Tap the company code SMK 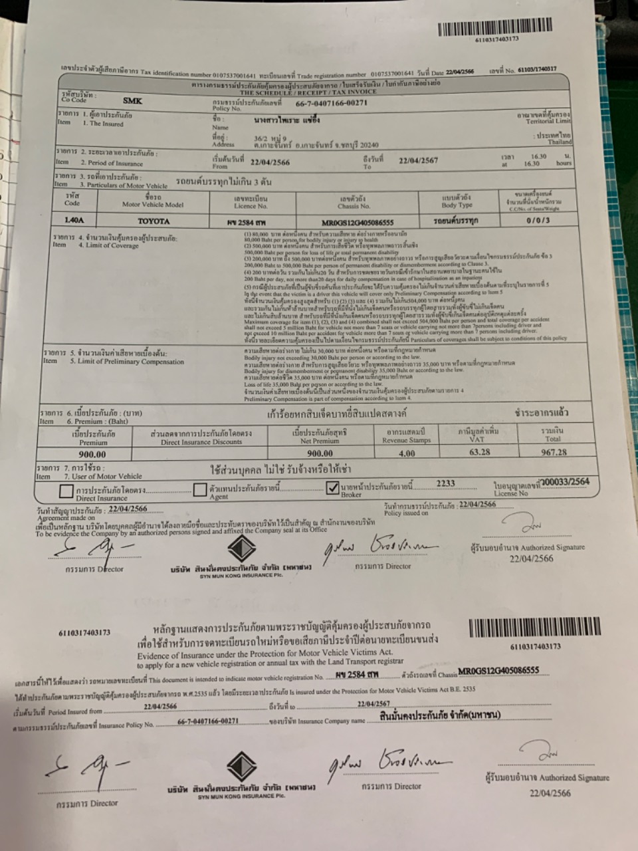(132, 100)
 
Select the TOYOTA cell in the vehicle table (154, 221)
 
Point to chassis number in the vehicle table (358, 223)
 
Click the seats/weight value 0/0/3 (538, 220)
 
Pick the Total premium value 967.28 (554, 452)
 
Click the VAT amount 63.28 (479, 452)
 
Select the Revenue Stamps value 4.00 (406, 453)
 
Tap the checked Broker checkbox (333, 489)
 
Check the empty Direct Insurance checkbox (66, 491)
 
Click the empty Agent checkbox (200, 490)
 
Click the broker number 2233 (445, 484)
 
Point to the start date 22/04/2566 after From (270, 162)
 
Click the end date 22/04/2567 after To (418, 160)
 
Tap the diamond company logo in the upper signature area (241, 549)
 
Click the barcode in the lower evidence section (534, 628)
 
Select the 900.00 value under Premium (92, 455)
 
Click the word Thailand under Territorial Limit (559, 142)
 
